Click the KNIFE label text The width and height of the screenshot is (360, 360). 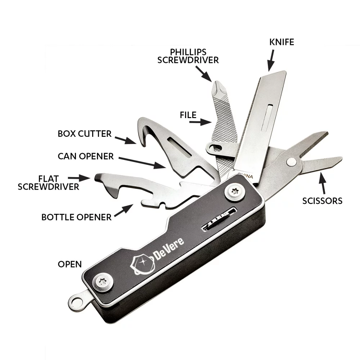pos(282,42)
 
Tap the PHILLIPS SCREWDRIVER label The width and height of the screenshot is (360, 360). pos(188,56)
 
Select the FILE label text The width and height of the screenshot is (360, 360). pos(188,115)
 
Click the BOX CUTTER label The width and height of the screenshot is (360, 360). pos(85,134)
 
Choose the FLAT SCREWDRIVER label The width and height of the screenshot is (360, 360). pos(48,183)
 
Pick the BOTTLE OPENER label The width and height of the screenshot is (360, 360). pos(76,217)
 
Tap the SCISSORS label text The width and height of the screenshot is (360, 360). pos(322,201)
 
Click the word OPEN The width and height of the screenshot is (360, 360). pos(70,264)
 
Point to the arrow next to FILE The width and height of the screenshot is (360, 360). pos(200,122)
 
